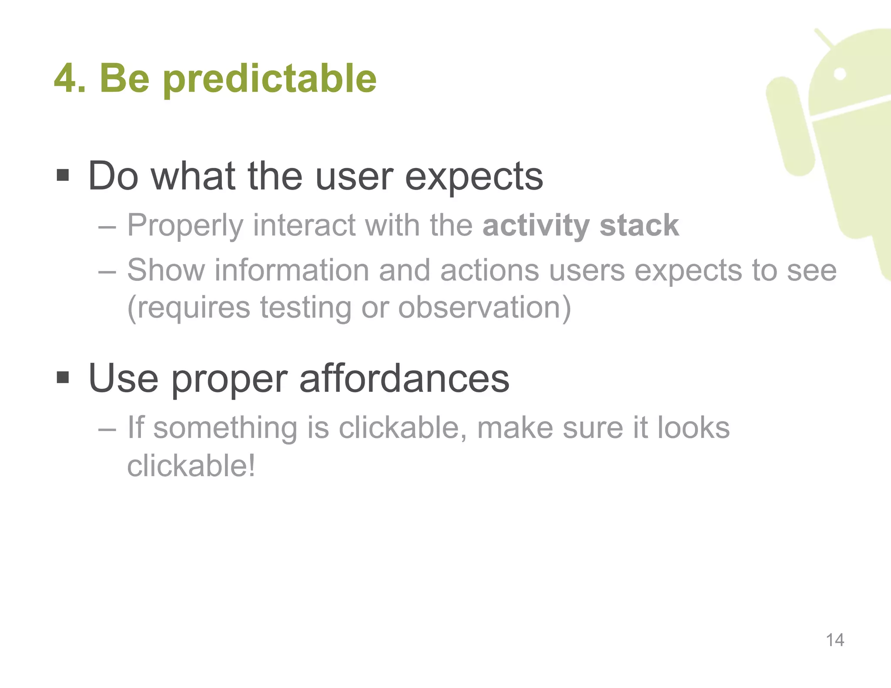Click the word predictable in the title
point(270,80)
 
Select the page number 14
point(834,640)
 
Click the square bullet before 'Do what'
point(63,176)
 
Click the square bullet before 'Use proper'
point(63,377)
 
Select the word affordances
point(404,378)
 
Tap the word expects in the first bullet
point(474,177)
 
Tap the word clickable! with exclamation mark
point(191,465)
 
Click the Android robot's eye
point(840,74)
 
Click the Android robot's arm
point(790,126)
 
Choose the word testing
point(305,308)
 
